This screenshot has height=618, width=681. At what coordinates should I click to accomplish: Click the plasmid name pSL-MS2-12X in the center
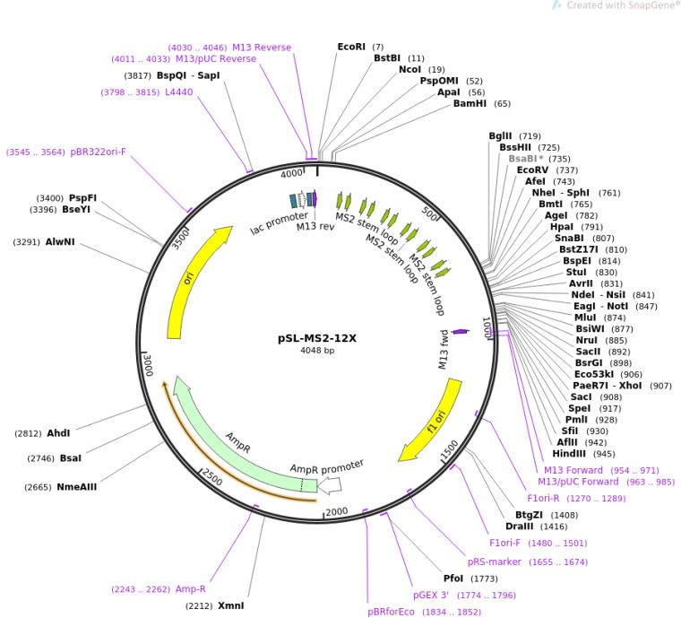pos(317,338)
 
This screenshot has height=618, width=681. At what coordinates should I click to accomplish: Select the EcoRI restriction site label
pos(351,47)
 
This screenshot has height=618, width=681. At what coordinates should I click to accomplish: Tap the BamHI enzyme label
pos(470,103)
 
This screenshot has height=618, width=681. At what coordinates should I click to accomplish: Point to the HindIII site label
pos(569,454)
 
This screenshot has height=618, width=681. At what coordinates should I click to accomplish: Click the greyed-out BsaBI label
pos(526,159)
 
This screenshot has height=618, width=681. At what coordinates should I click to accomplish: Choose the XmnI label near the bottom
pos(230,605)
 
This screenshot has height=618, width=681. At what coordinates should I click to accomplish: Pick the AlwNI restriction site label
pos(60,241)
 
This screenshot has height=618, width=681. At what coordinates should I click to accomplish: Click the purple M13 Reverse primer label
pos(262,47)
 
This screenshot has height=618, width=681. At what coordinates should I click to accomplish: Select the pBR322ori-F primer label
pos(99,152)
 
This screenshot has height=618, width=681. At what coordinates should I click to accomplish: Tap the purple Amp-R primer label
pos(191,589)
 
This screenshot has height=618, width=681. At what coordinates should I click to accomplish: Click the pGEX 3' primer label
pos(431,595)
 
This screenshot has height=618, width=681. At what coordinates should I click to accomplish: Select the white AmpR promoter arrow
pos(330,485)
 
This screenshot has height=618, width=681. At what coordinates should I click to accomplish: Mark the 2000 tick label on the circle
pos(337,512)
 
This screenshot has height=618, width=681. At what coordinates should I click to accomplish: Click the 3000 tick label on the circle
pos(149,365)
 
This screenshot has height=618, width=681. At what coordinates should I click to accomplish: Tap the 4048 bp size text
pos(317,351)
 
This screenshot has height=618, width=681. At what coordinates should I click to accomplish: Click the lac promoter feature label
pos(280,222)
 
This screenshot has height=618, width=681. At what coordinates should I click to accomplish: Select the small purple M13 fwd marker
pos(461,332)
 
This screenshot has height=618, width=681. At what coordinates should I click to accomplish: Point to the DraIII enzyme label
pos(519,527)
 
